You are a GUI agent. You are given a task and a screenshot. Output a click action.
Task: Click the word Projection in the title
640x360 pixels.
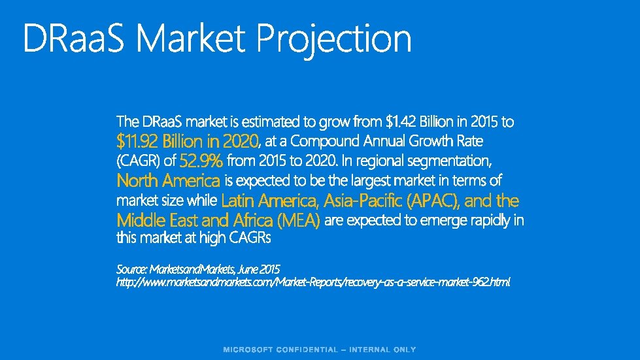coord(334,39)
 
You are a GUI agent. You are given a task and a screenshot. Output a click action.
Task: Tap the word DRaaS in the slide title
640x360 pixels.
coord(76,39)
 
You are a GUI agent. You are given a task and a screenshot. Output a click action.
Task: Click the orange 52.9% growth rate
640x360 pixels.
coord(201,161)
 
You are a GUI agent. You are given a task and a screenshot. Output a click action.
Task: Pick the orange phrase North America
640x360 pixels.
coord(168,180)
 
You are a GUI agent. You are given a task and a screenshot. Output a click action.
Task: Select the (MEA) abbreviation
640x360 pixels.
coord(297,220)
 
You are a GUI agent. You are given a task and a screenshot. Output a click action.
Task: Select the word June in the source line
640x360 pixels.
coord(249,269)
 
